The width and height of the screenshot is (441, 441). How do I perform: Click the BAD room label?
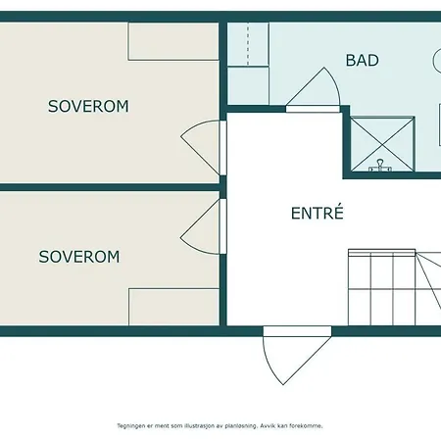363,61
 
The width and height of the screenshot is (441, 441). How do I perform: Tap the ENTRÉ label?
318,213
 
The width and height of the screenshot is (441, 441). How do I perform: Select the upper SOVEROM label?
88,107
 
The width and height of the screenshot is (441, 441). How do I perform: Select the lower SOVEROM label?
79,257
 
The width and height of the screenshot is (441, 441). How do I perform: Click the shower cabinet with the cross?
382,144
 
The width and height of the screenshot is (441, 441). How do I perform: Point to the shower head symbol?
380,166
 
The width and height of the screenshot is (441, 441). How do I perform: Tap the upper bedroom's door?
199,148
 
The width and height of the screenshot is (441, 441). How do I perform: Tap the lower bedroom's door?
199,226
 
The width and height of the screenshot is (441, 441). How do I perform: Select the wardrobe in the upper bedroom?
173,41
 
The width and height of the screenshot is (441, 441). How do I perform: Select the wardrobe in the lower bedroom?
174,307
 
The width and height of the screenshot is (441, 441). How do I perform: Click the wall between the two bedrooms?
110,187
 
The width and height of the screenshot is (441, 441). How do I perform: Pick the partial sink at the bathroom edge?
437,60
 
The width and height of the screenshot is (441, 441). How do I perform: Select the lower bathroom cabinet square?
248,86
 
